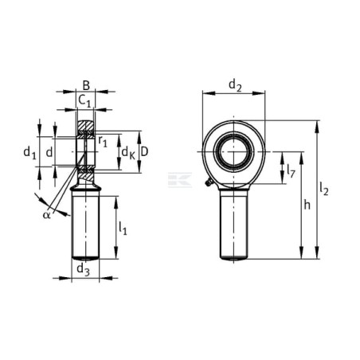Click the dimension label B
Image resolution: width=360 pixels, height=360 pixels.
tap(86, 86)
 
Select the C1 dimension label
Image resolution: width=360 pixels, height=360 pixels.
tap(84, 101)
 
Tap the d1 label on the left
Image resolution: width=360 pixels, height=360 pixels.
tap(29, 153)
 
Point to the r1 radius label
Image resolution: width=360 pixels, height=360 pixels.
tap(103, 141)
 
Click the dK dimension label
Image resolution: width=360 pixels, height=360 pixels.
tap(128, 153)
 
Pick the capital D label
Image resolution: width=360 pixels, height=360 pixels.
tap(144, 152)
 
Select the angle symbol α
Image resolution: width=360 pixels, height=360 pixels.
tap(46, 215)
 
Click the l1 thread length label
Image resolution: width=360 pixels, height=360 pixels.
tap(123, 229)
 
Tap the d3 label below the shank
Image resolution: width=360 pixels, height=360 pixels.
tap(83, 270)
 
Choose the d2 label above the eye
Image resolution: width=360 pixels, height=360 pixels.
tap(235, 86)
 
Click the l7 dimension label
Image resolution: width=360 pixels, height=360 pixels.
tap(291, 171)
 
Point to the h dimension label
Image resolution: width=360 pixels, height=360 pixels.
tap(307, 205)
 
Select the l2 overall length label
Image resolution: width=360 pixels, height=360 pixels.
tap(324, 190)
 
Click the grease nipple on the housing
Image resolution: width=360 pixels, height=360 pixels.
tap(208, 182)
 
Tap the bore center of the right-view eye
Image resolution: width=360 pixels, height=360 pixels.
tap(233, 151)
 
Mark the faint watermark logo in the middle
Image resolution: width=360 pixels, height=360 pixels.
tap(180, 180)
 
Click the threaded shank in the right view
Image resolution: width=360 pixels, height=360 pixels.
tap(234, 225)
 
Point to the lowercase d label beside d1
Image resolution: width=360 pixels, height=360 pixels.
tap(49, 152)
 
